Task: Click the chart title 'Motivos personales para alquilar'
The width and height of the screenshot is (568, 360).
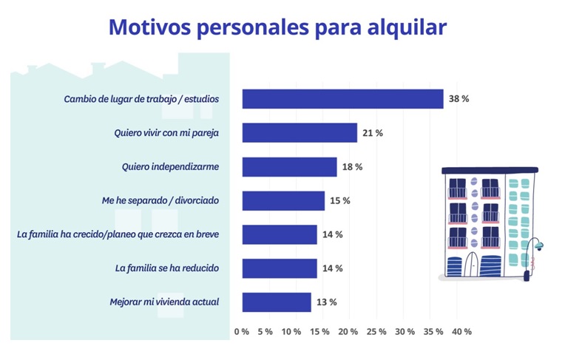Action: click(277, 27)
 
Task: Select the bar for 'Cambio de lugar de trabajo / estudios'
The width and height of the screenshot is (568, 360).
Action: click(342, 99)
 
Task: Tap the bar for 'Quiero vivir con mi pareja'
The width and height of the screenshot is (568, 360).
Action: click(300, 132)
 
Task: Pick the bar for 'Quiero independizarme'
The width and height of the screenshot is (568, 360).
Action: click(289, 166)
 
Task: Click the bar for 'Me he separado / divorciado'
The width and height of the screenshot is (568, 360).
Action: click(283, 200)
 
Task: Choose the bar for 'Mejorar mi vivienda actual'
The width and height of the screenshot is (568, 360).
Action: click(277, 302)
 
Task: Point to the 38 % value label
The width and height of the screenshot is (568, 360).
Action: click(459, 99)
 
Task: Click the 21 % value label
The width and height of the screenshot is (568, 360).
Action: click(373, 133)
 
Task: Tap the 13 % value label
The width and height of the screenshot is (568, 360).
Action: click(327, 302)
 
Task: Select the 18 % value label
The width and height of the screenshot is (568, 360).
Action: click(353, 167)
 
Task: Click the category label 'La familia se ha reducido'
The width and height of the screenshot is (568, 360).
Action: click(167, 268)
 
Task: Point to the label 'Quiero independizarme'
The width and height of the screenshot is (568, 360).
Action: click(170, 166)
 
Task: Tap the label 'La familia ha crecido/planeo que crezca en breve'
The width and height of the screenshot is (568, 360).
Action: click(118, 234)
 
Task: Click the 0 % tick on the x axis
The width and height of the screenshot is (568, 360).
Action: click(242, 332)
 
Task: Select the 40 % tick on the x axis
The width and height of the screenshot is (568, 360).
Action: click(461, 332)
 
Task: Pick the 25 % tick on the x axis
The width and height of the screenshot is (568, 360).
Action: click(376, 332)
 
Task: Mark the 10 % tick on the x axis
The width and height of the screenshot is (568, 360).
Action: click(291, 332)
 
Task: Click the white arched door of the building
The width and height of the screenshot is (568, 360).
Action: click(473, 265)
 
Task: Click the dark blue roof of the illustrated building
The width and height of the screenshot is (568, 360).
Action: click(490, 170)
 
